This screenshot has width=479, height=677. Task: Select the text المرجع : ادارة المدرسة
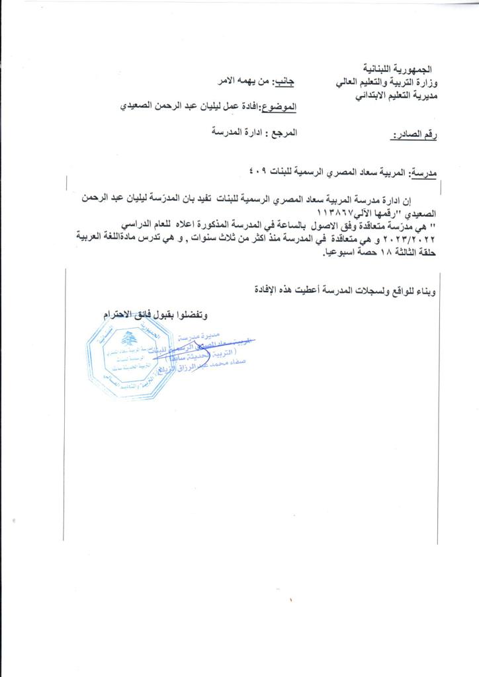point(254,132)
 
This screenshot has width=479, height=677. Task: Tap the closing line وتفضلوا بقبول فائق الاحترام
point(160,314)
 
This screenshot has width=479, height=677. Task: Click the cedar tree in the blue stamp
point(128,339)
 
